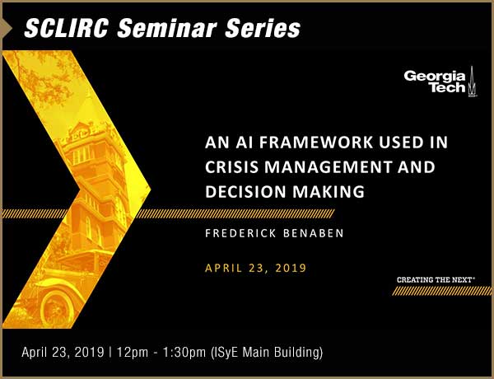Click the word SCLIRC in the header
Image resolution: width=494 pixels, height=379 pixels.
(67, 28)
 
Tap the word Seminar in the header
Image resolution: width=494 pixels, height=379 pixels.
(166, 28)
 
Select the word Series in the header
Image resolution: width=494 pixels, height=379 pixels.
(263, 28)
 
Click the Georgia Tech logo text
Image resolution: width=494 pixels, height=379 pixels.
(435, 82)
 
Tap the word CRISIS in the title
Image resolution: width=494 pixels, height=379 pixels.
(232, 166)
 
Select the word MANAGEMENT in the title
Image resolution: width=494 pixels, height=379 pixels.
(329, 166)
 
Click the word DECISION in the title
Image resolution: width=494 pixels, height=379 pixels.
(245, 191)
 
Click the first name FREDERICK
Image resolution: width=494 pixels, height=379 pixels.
(240, 233)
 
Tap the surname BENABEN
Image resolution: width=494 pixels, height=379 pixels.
(314, 233)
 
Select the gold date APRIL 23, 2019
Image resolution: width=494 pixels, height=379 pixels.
(255, 268)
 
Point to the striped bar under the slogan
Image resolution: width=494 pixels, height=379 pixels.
(441, 291)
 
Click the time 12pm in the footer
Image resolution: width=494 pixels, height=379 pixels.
(133, 352)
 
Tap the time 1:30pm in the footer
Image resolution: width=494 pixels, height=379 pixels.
(184, 352)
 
